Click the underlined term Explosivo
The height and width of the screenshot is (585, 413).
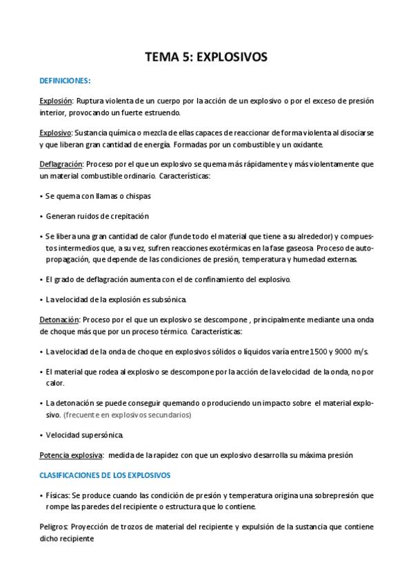coord(55,133)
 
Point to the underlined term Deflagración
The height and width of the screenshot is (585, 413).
coord(61,164)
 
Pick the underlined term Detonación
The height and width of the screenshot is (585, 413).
coord(59,320)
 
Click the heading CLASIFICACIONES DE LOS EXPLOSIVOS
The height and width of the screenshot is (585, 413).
coord(105,475)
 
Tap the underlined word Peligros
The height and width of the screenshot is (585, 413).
coord(54,527)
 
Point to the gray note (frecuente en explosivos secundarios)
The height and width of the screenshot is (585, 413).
coord(127,415)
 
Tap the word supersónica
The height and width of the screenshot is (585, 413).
coord(100,435)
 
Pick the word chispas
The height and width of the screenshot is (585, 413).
coord(137,196)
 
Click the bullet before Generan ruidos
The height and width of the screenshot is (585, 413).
coord(41,217)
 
